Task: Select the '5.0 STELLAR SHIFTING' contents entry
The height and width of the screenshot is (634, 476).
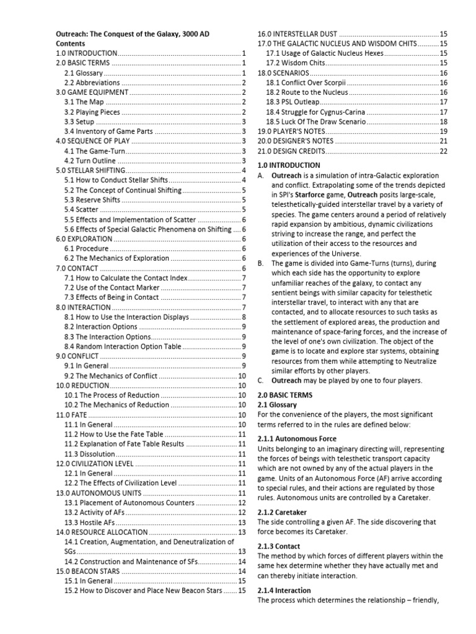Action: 90,170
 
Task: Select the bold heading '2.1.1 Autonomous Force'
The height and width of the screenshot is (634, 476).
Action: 297,438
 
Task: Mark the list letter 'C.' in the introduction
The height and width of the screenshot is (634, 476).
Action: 261,380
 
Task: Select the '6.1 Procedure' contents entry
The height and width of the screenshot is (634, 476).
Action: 87,248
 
